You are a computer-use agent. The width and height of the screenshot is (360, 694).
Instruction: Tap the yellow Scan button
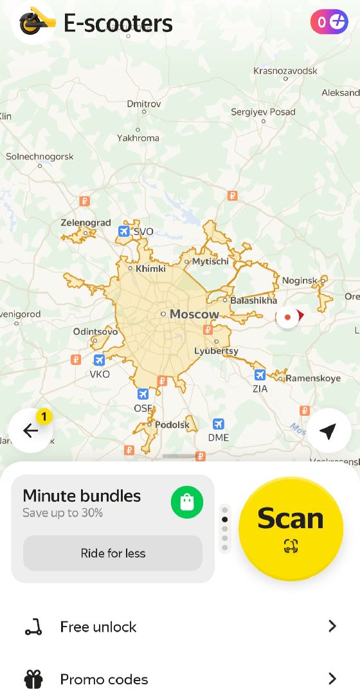pyautogui.click(x=291, y=528)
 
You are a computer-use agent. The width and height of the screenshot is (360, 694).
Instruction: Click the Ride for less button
pyautogui.click(x=113, y=553)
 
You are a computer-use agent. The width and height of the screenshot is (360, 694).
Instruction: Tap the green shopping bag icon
pyautogui.click(x=187, y=503)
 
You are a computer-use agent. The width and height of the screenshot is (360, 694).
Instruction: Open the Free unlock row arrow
pyautogui.click(x=332, y=626)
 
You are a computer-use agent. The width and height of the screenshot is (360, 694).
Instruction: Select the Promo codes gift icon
pyautogui.click(x=33, y=679)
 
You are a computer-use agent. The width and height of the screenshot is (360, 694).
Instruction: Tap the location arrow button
pyautogui.click(x=328, y=431)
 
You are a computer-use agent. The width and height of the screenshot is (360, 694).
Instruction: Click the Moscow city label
pyautogui.click(x=194, y=314)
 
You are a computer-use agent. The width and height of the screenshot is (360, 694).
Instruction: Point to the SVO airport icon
pyautogui.click(x=124, y=231)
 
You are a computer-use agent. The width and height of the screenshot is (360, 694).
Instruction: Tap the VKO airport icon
pyautogui.click(x=99, y=360)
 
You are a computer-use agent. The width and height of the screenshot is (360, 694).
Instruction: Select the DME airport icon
pyautogui.click(x=219, y=424)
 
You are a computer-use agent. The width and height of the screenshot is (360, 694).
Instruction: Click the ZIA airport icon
pyautogui.click(x=260, y=375)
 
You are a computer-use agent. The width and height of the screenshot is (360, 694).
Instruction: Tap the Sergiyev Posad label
pyautogui.click(x=263, y=112)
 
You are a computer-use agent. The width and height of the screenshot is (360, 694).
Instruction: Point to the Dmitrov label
pyautogui.click(x=144, y=103)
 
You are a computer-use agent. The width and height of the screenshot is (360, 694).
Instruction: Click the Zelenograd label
pyautogui.click(x=86, y=223)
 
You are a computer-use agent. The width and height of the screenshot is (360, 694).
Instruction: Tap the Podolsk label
pyautogui.click(x=172, y=425)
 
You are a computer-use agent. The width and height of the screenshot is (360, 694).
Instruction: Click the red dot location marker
pyautogui.click(x=287, y=317)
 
